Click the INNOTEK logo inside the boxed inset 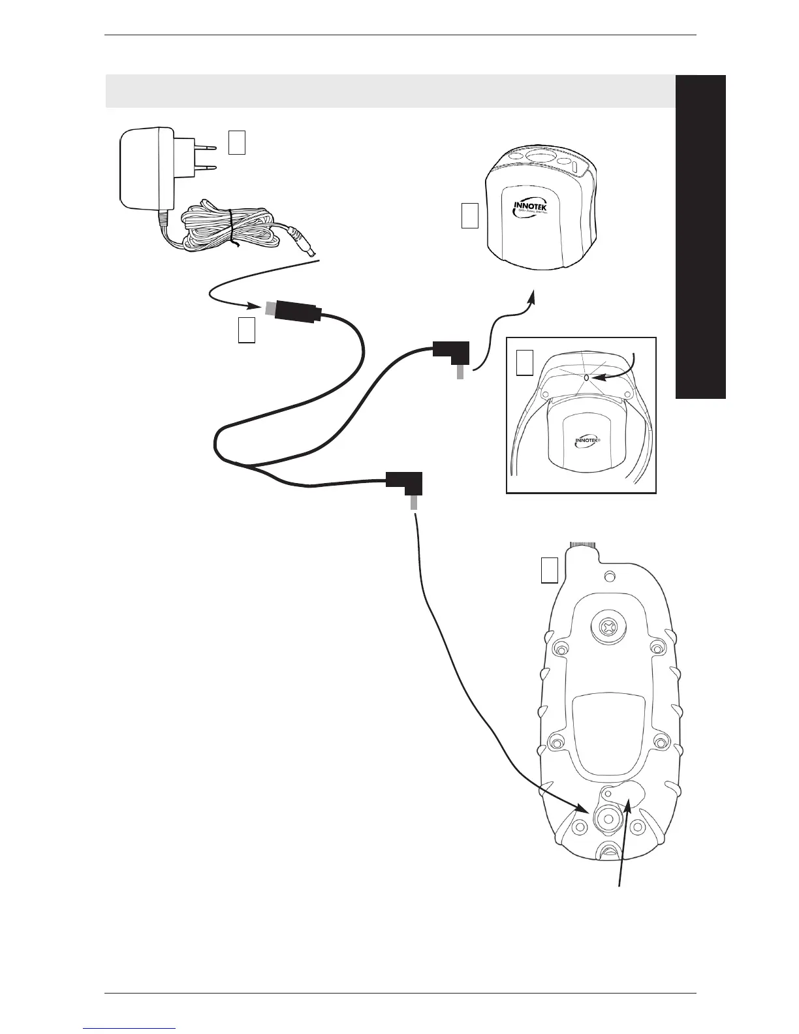(x=587, y=441)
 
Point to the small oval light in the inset (x=586, y=377)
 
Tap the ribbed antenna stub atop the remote (x=584, y=544)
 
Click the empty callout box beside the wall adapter (x=237, y=142)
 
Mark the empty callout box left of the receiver (x=470, y=216)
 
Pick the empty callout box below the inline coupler (x=245, y=331)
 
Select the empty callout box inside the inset (x=525, y=363)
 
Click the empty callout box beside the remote (x=550, y=569)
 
